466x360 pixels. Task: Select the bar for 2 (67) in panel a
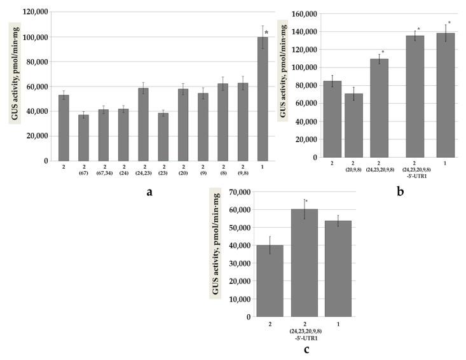click(83, 137)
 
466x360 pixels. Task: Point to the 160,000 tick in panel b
click(303, 13)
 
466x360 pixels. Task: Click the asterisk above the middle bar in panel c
click(306, 202)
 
